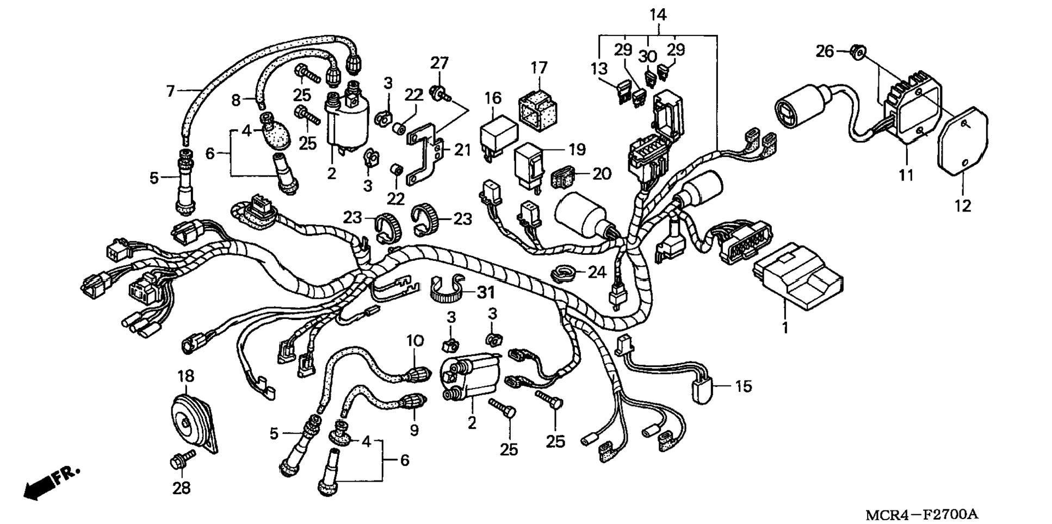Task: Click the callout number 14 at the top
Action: tap(658, 15)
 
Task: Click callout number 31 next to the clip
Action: tap(486, 292)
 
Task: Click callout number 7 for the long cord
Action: tap(171, 90)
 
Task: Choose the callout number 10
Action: tap(414, 341)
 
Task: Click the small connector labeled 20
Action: tap(566, 177)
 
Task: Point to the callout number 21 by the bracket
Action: tap(462, 149)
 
